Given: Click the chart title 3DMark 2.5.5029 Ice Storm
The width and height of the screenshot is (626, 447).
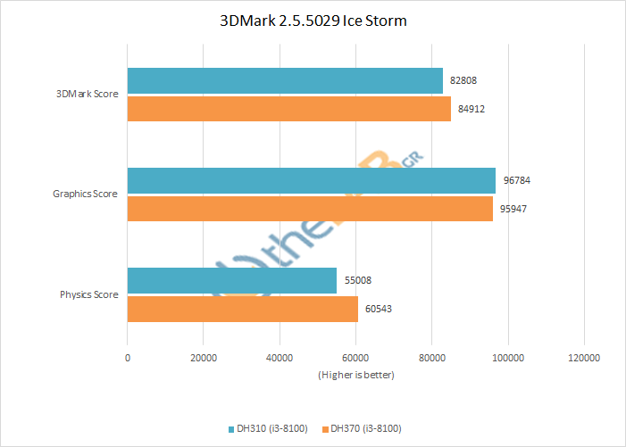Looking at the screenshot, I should (x=313, y=20).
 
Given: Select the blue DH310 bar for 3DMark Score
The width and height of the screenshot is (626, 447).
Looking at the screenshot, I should (x=285, y=81).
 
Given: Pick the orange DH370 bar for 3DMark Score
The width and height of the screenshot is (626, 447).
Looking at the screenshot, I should (x=288, y=109).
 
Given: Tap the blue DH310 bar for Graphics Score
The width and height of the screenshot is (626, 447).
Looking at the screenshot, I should (x=311, y=180).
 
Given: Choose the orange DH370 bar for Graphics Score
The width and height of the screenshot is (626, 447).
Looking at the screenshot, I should (x=310, y=209).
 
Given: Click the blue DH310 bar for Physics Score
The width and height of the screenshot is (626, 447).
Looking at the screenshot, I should (x=232, y=280).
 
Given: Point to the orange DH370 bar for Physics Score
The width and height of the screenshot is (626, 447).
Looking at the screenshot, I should (x=243, y=309).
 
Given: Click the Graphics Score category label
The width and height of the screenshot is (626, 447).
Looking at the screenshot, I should (x=86, y=195).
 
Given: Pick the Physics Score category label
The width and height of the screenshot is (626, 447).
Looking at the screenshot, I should (x=89, y=294).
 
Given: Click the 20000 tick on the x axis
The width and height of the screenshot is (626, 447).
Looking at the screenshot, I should (x=204, y=357).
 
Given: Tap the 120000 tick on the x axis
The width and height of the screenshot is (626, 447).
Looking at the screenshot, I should (x=584, y=357).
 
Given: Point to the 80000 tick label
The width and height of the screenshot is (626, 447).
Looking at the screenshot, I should (x=432, y=357).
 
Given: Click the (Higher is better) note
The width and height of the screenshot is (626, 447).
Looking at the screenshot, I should (x=355, y=375).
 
